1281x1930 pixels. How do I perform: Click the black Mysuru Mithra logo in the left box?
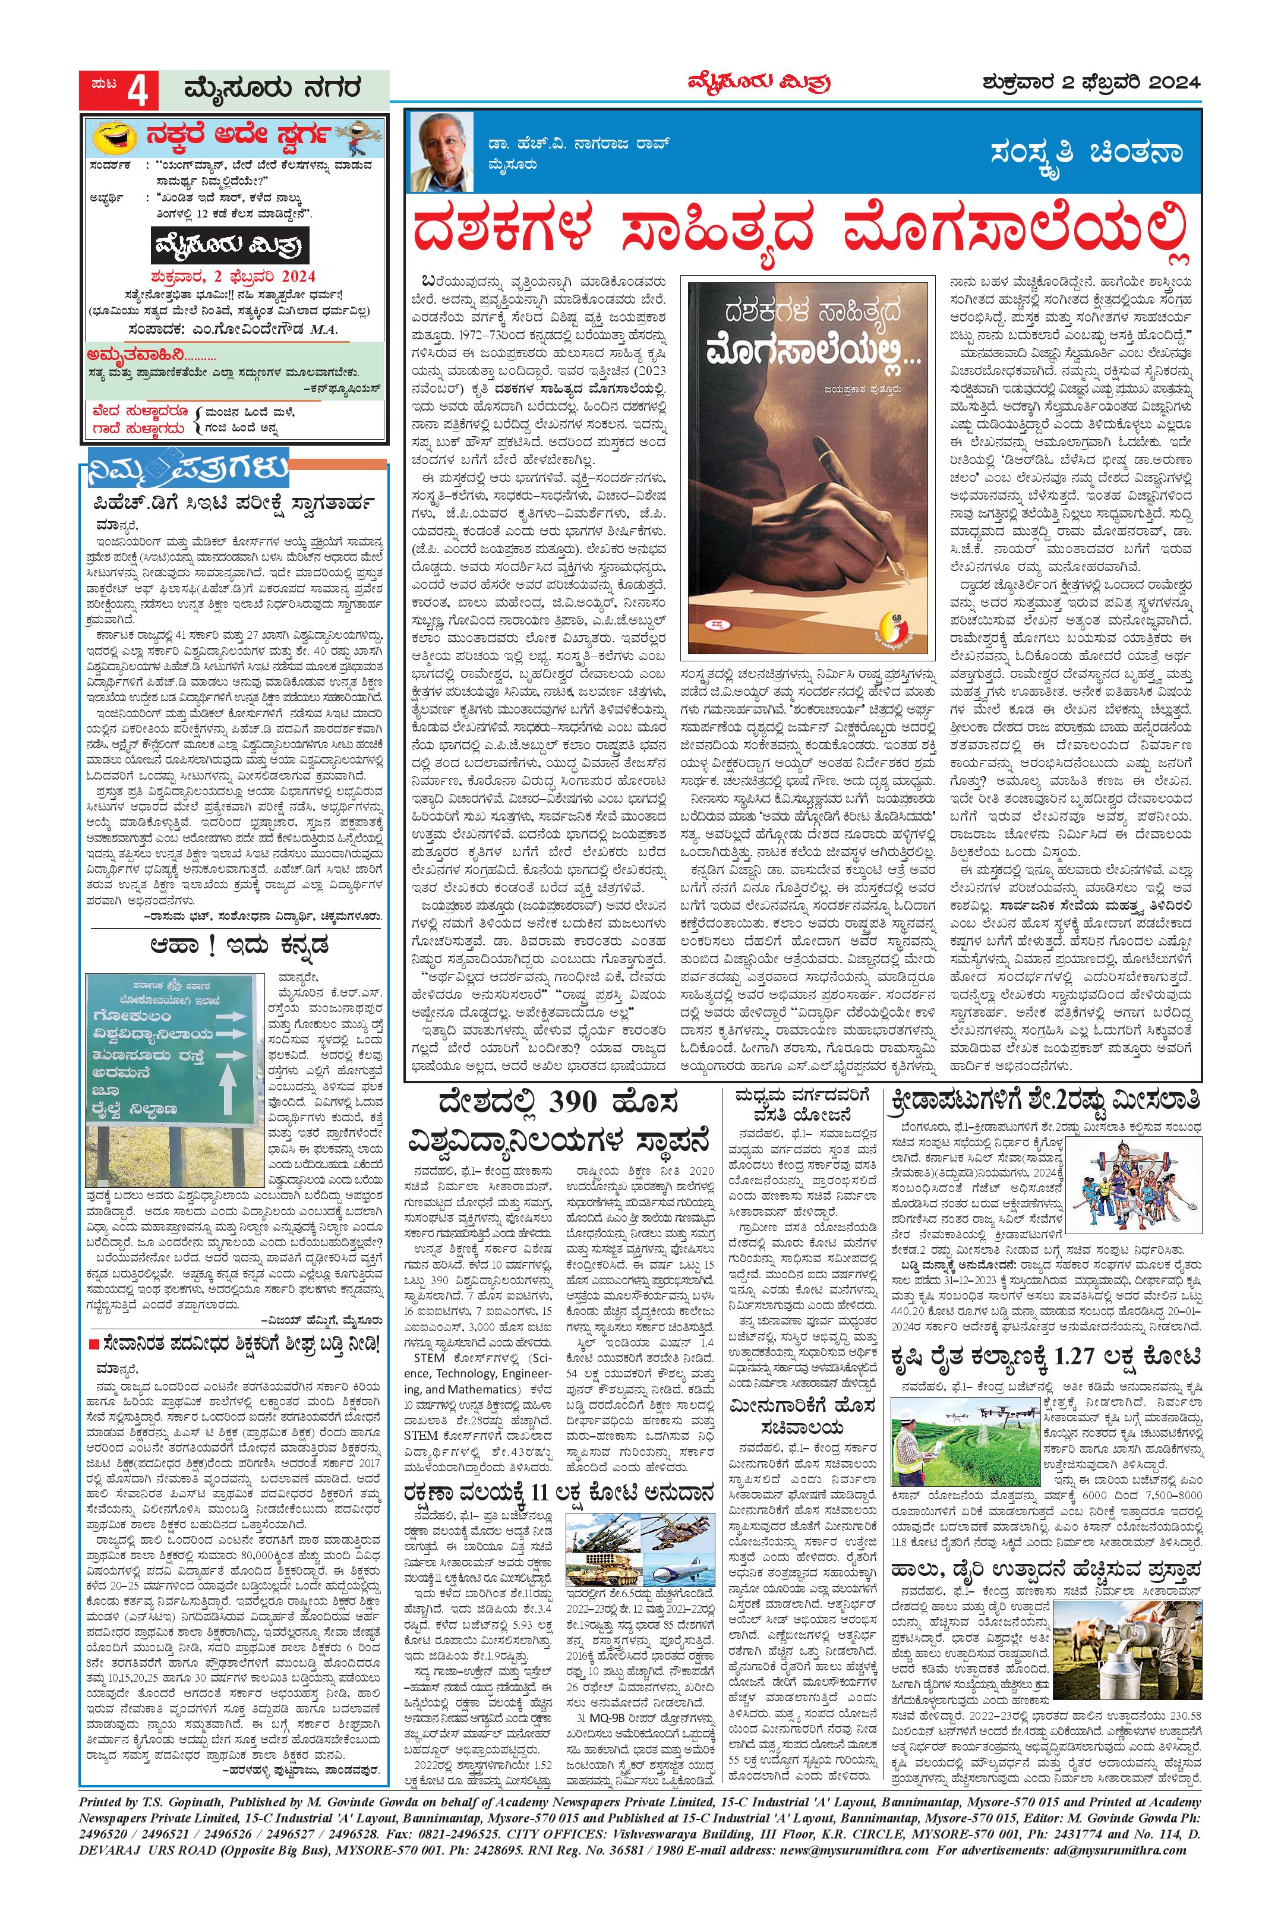(x=234, y=245)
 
